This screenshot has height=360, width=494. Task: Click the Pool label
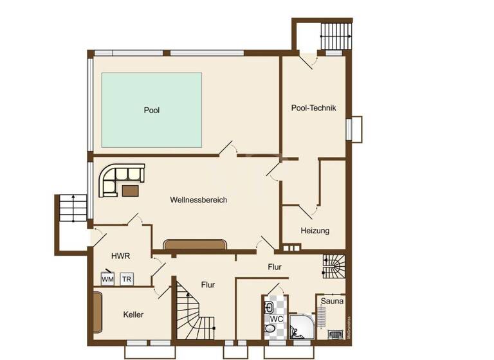(x=151, y=111)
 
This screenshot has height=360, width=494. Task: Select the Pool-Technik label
(x=313, y=108)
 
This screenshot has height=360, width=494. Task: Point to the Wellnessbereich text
(x=199, y=200)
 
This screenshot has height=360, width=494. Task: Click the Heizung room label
(x=315, y=230)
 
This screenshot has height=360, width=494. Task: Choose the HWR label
(x=121, y=256)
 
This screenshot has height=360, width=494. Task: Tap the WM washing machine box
(x=107, y=279)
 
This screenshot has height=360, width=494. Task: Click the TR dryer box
(x=127, y=279)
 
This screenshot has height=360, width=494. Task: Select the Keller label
(x=133, y=314)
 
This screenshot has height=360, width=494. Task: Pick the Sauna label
(x=332, y=300)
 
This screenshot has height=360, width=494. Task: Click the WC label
(x=276, y=319)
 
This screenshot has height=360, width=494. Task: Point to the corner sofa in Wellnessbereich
(x=116, y=177)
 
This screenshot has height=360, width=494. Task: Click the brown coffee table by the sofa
(x=131, y=190)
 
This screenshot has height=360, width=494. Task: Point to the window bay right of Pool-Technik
(x=355, y=129)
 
